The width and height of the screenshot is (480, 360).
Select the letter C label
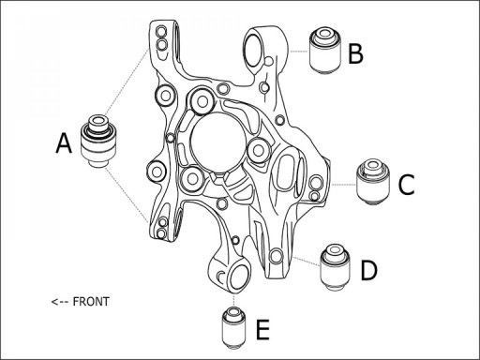pos(405,185)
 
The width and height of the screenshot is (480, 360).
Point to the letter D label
pos(368,271)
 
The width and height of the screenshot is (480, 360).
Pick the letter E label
pos(262,329)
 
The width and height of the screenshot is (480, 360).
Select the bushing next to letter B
pos(323,51)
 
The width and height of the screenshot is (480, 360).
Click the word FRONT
pos(91,302)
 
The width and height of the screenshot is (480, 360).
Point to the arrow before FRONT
pos(61,302)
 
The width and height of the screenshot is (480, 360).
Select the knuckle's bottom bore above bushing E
pos(235,276)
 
